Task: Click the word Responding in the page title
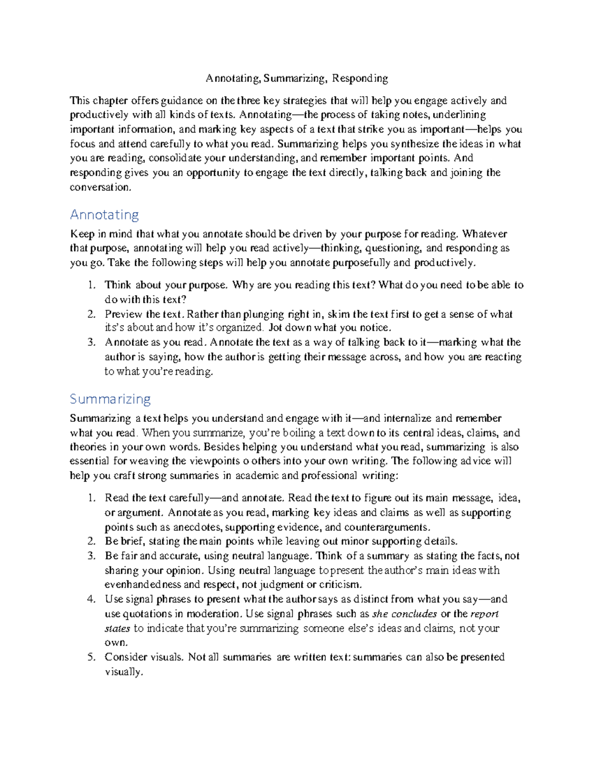pyautogui.click(x=360, y=78)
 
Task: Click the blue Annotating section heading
pyautogui.click(x=104, y=215)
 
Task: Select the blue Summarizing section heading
pyautogui.click(x=110, y=399)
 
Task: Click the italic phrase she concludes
pyautogui.click(x=404, y=614)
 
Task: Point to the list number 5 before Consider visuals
pyautogui.click(x=91, y=657)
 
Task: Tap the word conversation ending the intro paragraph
pyautogui.click(x=100, y=187)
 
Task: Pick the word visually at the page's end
pyautogui.click(x=123, y=672)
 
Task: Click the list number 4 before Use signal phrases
pyautogui.click(x=91, y=599)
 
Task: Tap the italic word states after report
pyautogui.click(x=117, y=629)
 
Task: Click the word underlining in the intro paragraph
pyautogui.click(x=459, y=115)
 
